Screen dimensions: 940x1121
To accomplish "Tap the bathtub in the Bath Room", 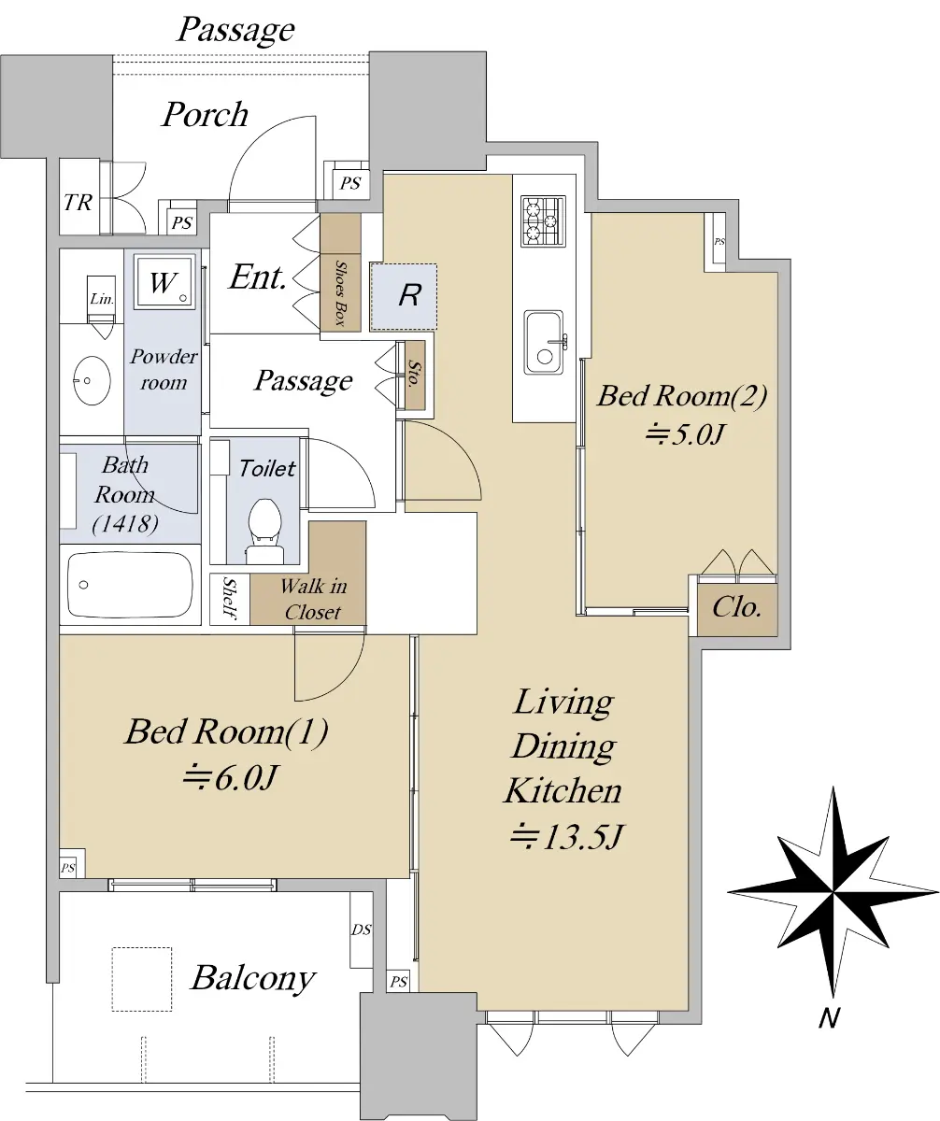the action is coord(130,586).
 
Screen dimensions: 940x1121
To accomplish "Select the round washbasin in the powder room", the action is coord(92,380).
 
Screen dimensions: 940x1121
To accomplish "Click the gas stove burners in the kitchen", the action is coord(543,220).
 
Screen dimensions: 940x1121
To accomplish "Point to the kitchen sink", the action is coord(545,342).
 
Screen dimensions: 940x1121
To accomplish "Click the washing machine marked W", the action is coord(164,282).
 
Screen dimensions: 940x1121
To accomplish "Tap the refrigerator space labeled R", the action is coord(404,296).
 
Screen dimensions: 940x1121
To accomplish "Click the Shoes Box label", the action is coord(340,292).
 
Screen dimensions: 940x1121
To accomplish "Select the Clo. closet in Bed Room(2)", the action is coord(737,608).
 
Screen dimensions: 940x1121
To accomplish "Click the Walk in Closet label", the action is coord(313,599).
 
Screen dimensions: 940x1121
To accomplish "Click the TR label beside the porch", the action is coord(78,203).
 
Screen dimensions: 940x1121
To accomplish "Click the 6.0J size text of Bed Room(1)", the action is coord(230,777).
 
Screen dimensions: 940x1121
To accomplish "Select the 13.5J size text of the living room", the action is coord(565,836).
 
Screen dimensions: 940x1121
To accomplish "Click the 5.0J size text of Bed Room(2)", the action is coord(684,433).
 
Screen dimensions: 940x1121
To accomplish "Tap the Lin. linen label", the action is coord(102,299).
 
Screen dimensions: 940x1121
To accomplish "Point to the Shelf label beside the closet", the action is coord(229,598).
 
